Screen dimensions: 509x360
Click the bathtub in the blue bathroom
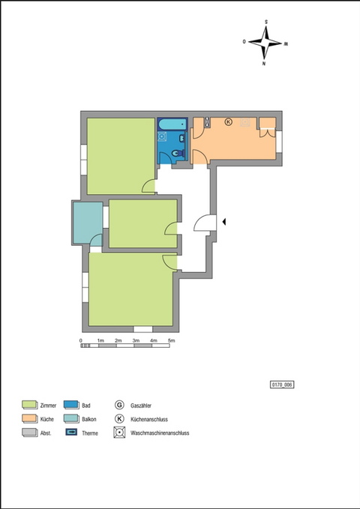pos(173,124)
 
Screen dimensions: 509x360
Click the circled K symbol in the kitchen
pos(229,121)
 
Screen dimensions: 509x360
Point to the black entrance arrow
pos(224,221)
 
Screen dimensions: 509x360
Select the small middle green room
pos(142,223)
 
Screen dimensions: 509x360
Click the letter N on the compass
pos(265,64)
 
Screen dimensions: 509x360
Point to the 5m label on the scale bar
pos(172,342)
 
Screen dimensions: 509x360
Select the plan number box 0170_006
pos(282,385)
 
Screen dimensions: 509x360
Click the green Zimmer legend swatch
pos(29,405)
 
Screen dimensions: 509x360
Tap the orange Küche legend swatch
pos(29,419)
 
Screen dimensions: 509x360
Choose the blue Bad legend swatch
pos(72,405)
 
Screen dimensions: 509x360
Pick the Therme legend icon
pos(72,433)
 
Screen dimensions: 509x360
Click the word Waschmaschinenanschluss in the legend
pos(160,433)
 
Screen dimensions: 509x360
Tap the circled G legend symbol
pos(120,405)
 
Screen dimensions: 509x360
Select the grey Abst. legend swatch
pos(29,433)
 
